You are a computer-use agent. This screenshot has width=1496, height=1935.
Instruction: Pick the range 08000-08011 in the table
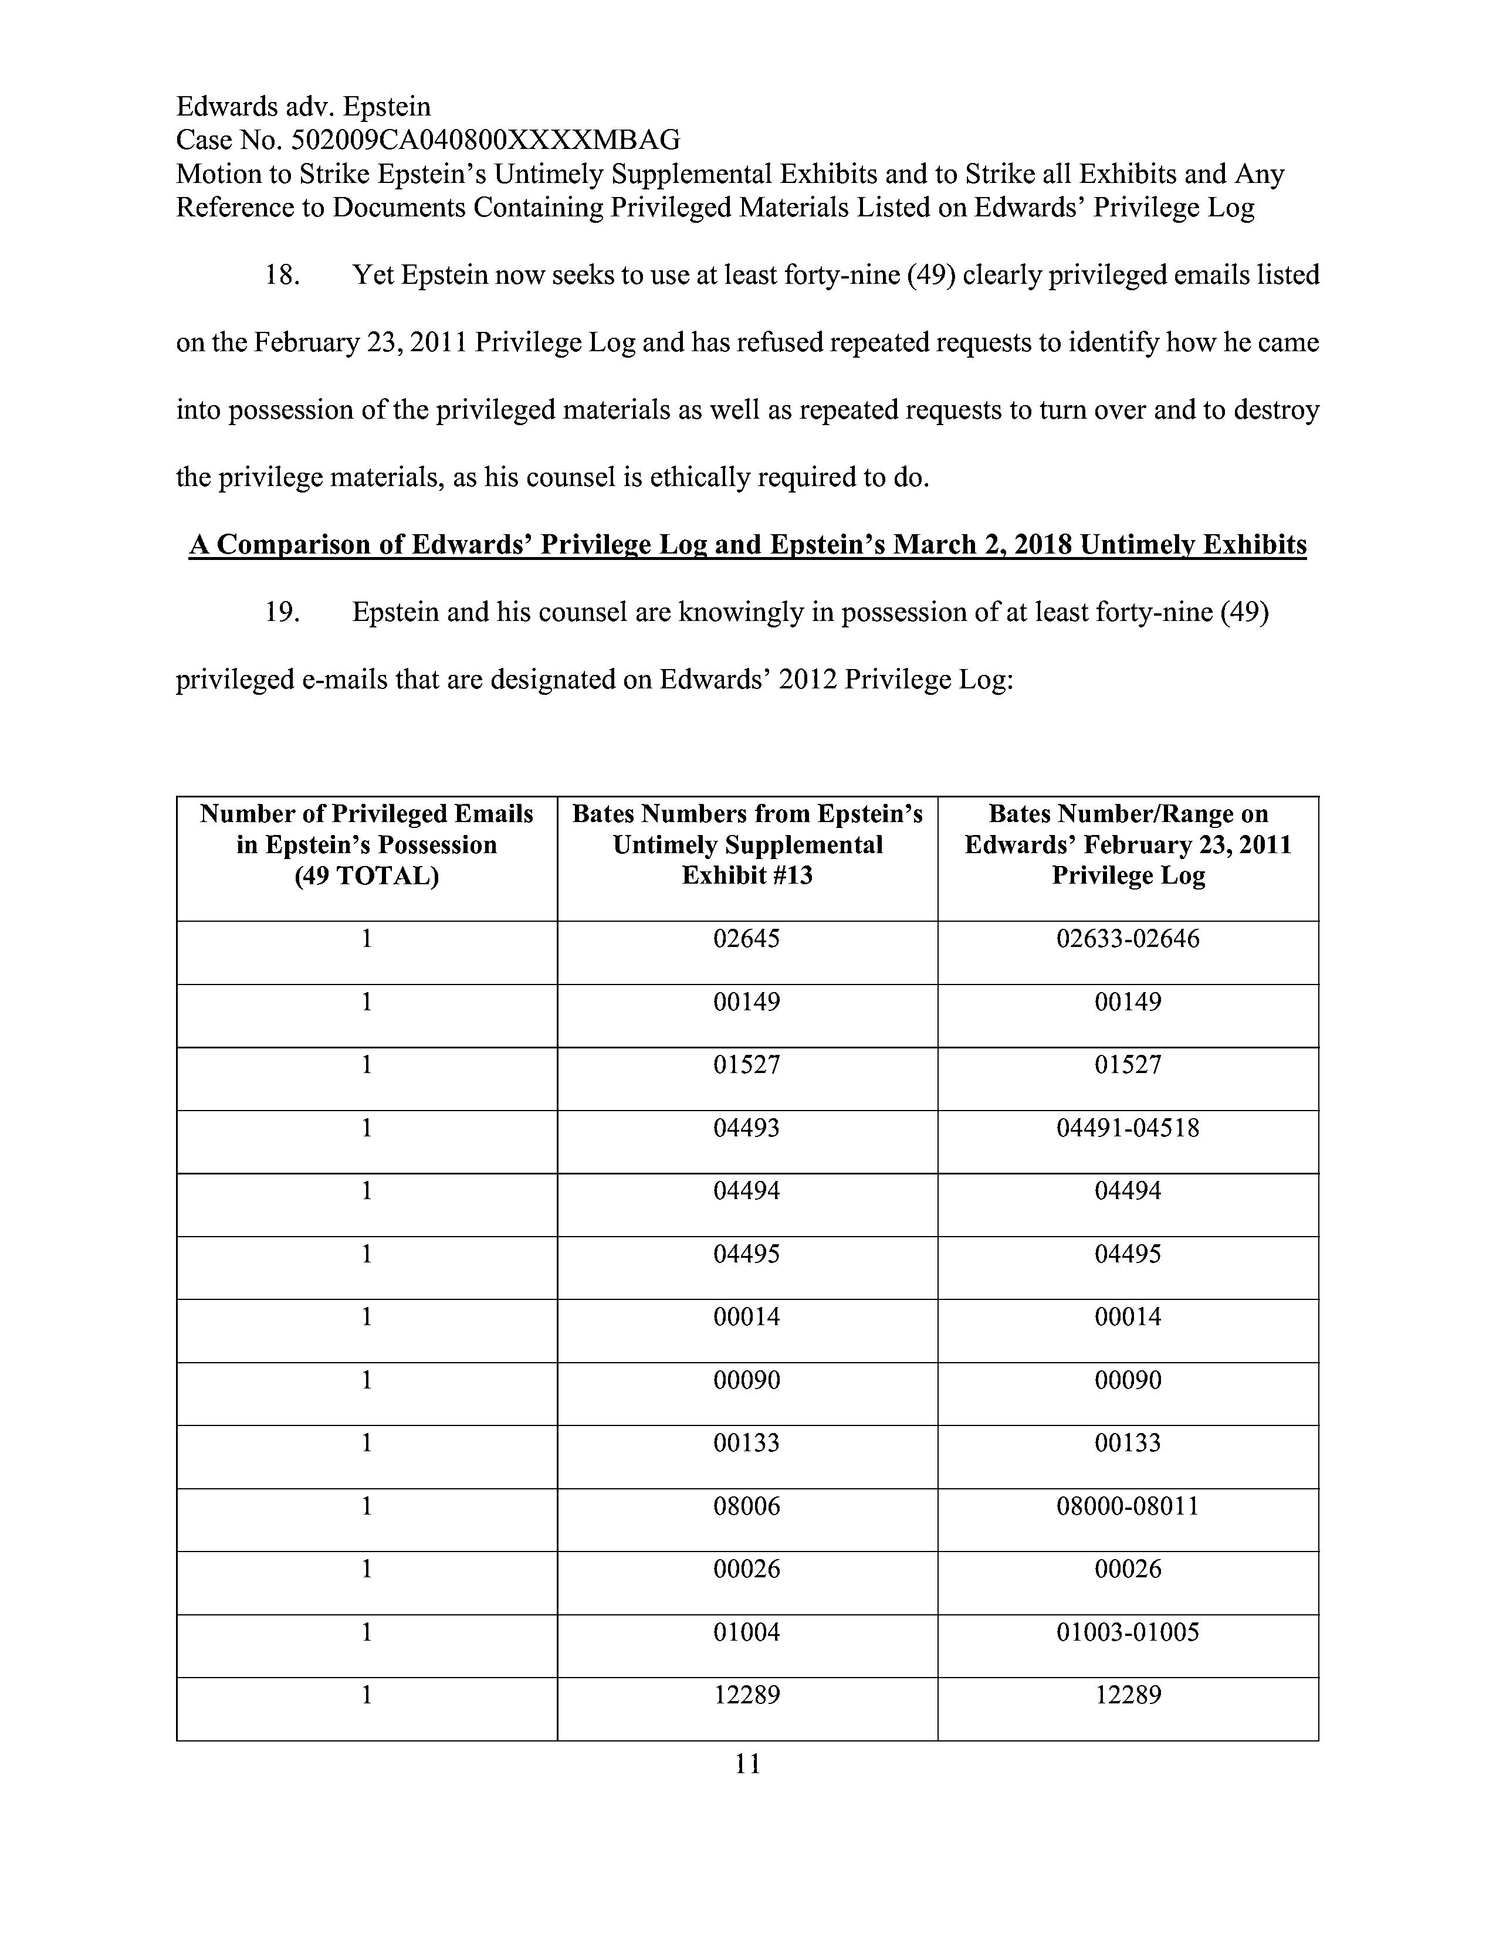point(1128,1506)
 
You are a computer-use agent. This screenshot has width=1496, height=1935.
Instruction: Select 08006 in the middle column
point(746,1506)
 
